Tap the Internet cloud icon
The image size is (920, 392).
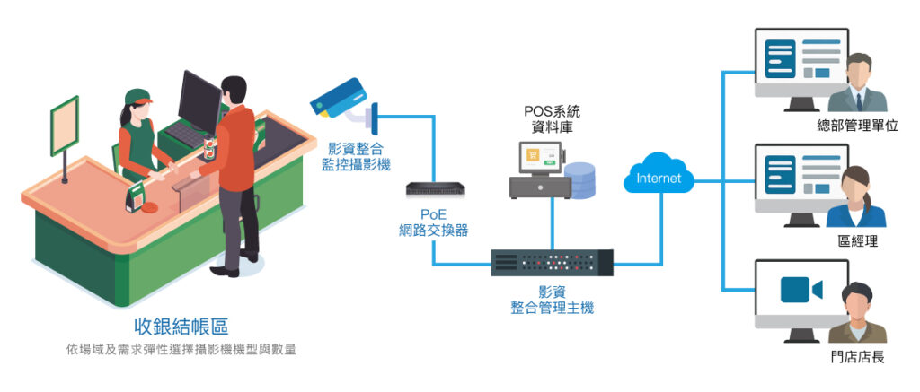pos(658,177)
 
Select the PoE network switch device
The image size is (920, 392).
pos(432,189)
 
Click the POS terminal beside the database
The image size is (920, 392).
pos(537,172)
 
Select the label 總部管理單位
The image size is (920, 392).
pos(857,126)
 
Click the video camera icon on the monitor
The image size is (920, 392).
pos(801,290)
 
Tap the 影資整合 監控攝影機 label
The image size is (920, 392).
pos(356,156)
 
